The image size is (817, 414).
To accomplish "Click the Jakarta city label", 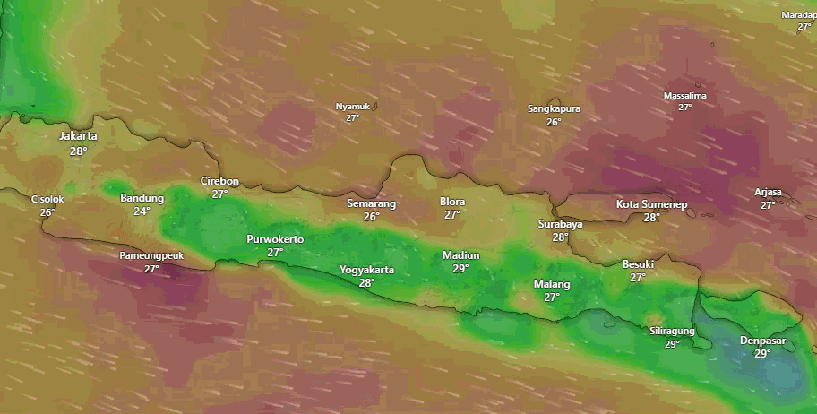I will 78,136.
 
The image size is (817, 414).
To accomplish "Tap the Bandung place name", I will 142,198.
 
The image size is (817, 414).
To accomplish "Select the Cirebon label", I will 219,181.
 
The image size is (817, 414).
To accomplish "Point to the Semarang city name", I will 371,203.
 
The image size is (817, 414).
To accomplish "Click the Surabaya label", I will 561,224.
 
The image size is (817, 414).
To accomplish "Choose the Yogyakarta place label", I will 366,270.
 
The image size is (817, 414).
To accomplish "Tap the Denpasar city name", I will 761,341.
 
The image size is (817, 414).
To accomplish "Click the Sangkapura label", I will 554,109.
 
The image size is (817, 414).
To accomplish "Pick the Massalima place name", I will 684,96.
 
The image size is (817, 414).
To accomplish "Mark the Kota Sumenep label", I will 651,204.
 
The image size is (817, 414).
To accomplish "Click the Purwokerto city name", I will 275,239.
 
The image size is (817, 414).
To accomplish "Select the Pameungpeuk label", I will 151,255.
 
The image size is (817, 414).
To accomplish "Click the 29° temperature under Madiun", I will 460,268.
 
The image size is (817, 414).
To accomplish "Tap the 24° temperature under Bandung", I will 142,211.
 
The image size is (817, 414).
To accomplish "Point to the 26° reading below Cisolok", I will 47,212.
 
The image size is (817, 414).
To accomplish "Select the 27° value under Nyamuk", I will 352,117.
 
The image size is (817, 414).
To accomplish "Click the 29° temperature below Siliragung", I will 672,343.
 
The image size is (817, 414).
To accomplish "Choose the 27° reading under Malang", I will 552,298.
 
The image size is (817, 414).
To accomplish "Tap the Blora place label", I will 452,202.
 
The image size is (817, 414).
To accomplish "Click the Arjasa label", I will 768,193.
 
